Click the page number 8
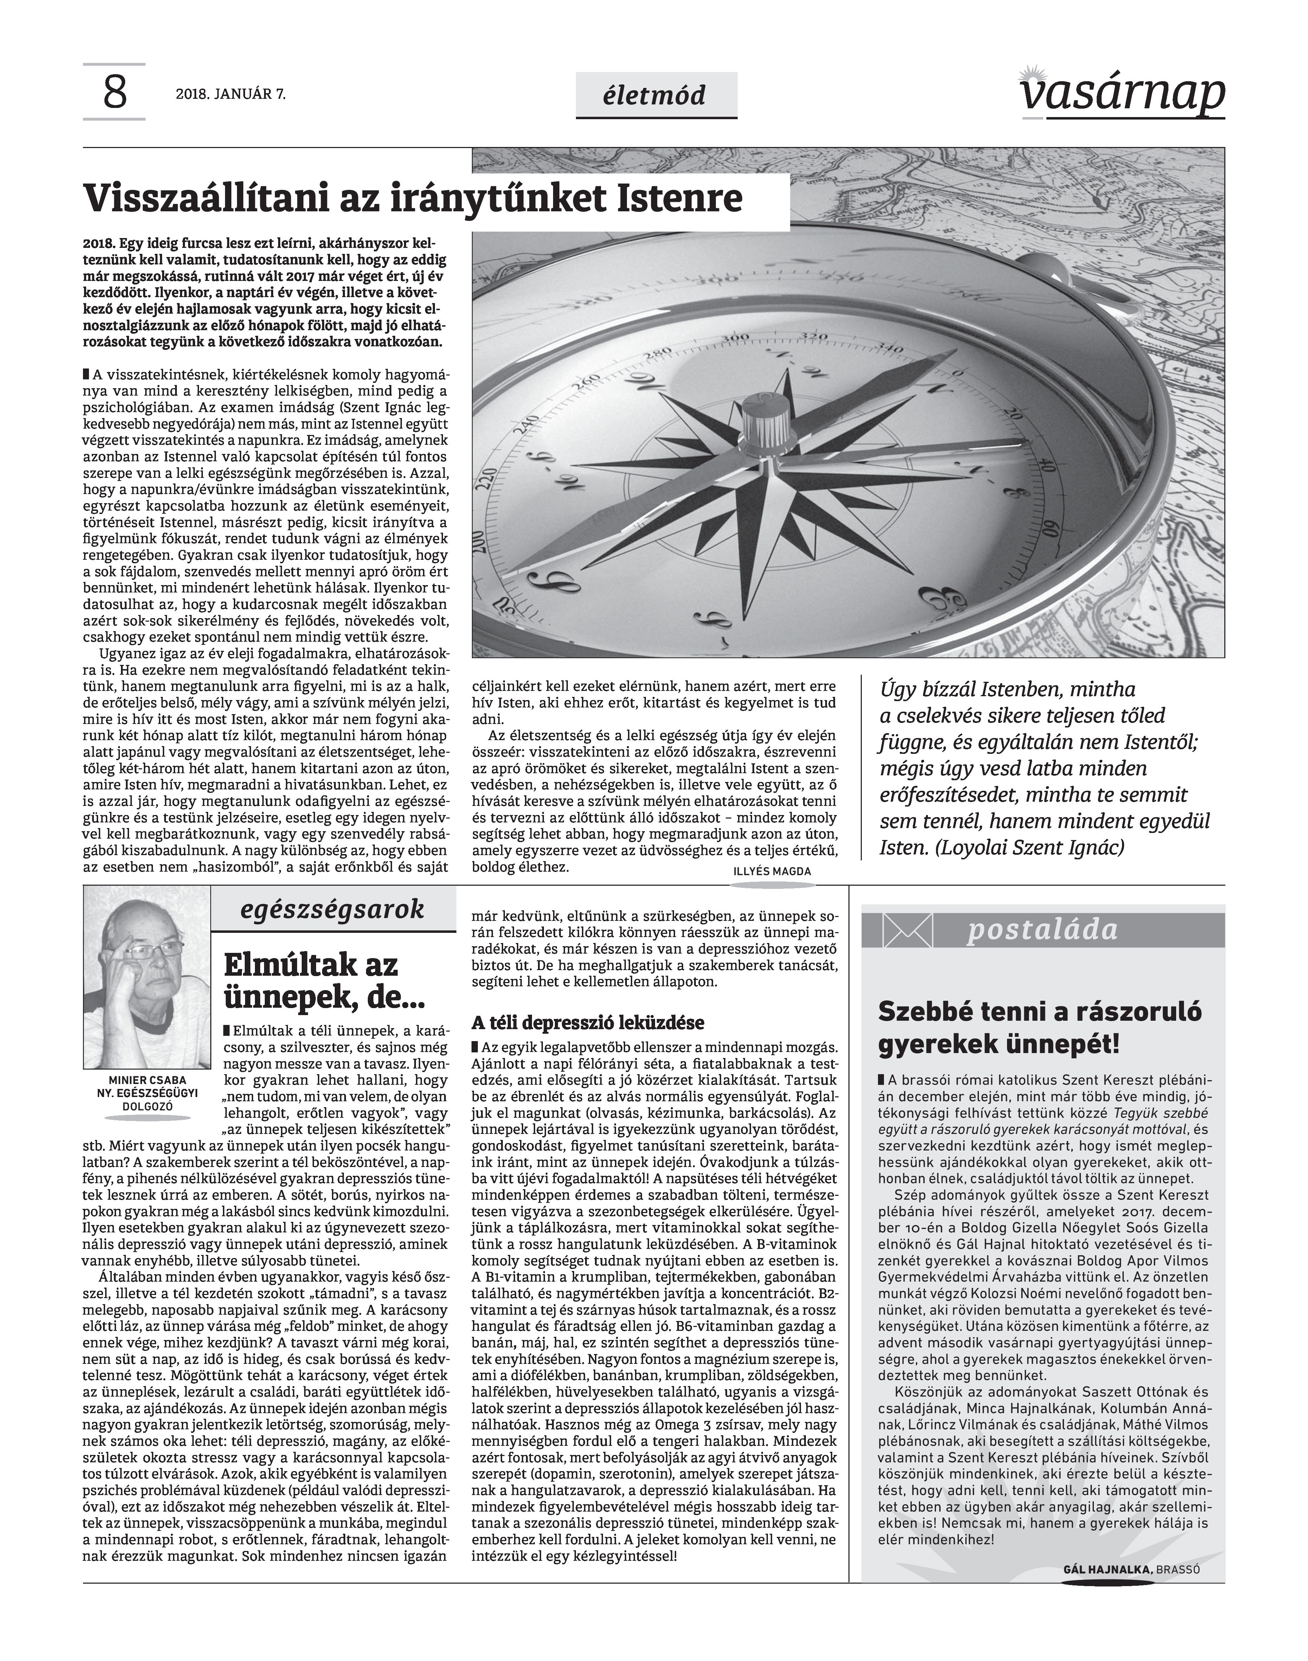[114, 94]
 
